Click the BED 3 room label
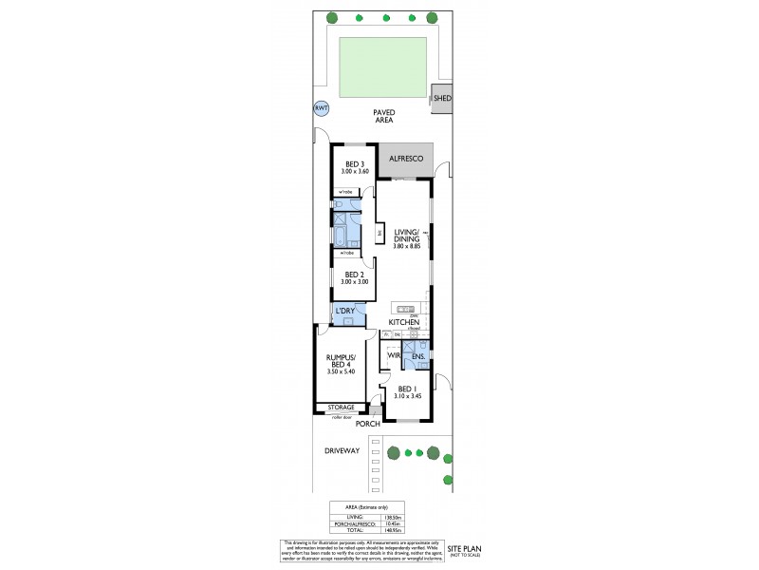[355, 162]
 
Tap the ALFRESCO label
[405, 160]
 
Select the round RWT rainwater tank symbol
[320, 109]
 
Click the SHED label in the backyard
[442, 98]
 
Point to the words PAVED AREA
[383, 116]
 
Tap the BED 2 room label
[355, 275]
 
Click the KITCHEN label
[404, 323]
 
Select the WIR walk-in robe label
[392, 356]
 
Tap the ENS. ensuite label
[417, 357]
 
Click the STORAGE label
[341, 408]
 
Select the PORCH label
[368, 424]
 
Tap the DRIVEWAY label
[341, 451]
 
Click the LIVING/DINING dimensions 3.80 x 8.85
[406, 246]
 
